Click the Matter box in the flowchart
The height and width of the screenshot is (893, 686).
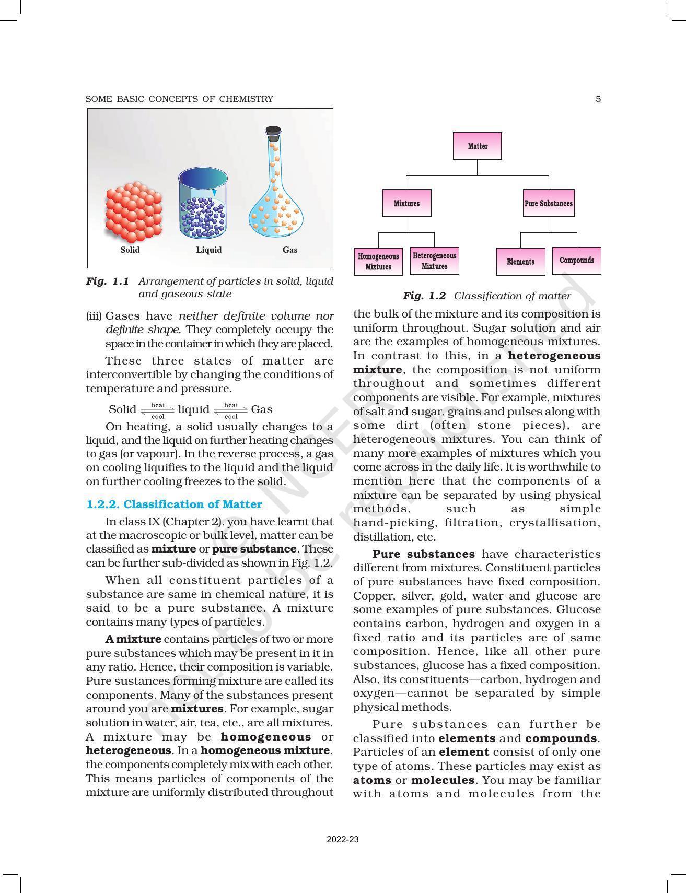tap(477, 146)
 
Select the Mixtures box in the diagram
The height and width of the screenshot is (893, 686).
tap(406, 203)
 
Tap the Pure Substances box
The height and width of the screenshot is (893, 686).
tap(549, 203)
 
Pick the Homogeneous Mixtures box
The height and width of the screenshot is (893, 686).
tap(378, 262)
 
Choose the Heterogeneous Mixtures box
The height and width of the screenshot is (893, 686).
tap(434, 261)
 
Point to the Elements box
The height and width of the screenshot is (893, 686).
tap(520, 262)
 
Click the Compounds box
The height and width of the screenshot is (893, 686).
tap(576, 261)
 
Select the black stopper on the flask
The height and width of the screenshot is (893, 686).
tap(273, 131)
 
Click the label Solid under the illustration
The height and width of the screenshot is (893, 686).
tap(130, 250)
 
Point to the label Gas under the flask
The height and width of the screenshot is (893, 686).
tap(289, 250)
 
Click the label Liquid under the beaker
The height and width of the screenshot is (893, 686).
tap(208, 250)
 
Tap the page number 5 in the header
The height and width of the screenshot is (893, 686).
tap(598, 99)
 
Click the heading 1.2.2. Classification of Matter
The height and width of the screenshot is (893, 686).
tap(174, 504)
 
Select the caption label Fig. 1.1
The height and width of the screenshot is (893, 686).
tap(108, 281)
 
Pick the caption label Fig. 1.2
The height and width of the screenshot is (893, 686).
tap(424, 296)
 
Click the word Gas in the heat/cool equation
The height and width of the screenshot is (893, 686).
tap(262, 409)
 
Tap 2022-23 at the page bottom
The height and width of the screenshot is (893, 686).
tap(343, 840)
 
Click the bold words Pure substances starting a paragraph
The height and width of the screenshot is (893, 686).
tap(424, 554)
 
